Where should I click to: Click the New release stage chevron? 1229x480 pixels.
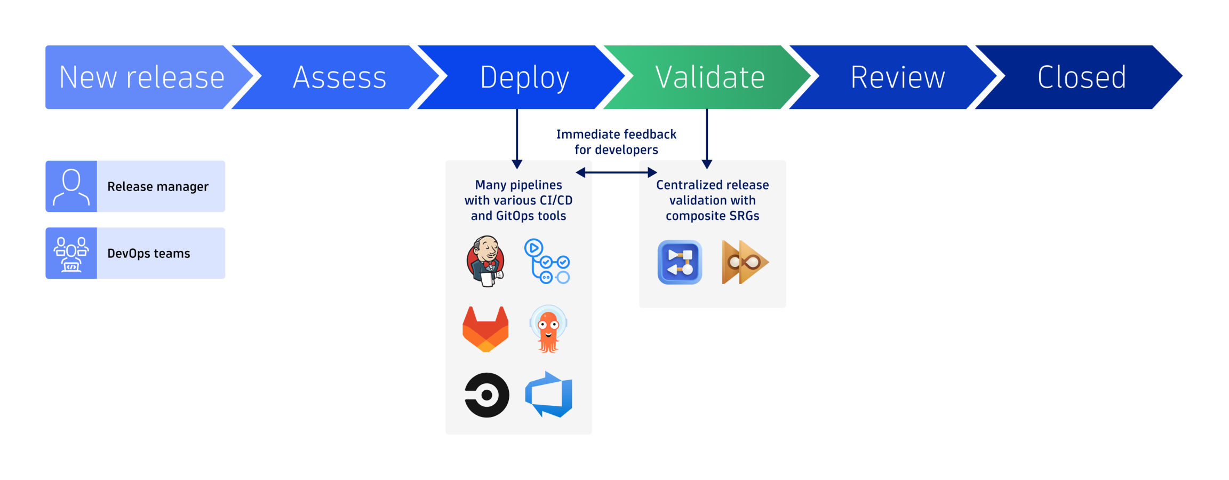click(141, 77)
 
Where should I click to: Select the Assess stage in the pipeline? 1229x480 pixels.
click(340, 77)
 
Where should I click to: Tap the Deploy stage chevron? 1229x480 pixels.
click(524, 77)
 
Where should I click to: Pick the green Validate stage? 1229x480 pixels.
click(709, 77)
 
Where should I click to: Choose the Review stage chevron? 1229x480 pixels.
click(897, 77)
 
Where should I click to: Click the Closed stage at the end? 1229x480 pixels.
click(1082, 77)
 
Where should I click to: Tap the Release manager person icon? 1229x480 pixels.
click(71, 186)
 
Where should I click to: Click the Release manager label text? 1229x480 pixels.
click(158, 186)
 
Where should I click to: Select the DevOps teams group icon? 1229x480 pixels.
click(71, 254)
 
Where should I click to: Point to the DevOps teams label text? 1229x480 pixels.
click(149, 254)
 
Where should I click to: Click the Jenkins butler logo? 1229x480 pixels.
click(485, 261)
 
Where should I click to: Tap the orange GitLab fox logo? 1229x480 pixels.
click(485, 329)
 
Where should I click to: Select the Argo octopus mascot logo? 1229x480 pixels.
click(548, 329)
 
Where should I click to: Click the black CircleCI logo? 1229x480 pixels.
click(486, 395)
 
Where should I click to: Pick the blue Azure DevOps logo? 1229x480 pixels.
click(549, 395)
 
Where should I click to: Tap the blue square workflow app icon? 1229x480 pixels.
click(680, 262)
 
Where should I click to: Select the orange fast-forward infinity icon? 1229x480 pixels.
click(744, 262)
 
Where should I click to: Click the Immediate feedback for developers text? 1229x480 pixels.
click(616, 142)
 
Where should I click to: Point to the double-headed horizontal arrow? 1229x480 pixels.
click(616, 172)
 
